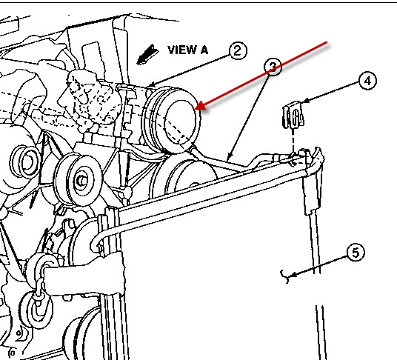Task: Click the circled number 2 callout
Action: click(x=238, y=50)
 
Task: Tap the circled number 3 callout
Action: click(x=273, y=67)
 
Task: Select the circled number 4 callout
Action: click(x=367, y=81)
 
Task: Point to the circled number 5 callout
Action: click(x=356, y=253)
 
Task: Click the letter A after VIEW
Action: click(x=204, y=50)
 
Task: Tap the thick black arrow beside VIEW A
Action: click(x=147, y=55)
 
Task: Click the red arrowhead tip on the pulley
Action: click(x=196, y=109)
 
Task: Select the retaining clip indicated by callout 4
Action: click(x=293, y=115)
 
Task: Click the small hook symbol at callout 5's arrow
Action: click(x=285, y=276)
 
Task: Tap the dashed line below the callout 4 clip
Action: click(x=293, y=141)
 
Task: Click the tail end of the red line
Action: click(x=327, y=42)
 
